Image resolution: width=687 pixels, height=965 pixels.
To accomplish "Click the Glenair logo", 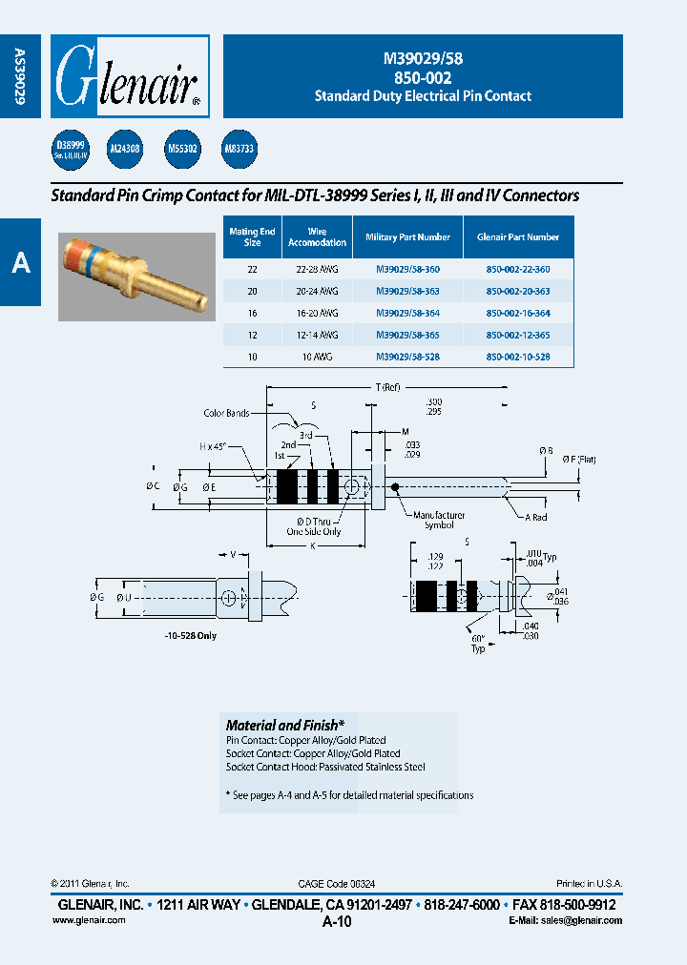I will coord(129,76).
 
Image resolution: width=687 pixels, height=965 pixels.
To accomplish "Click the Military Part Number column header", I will coord(407,236).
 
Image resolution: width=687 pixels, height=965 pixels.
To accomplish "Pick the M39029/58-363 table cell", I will coord(407,291).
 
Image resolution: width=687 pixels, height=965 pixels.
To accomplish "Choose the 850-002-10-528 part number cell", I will coord(518,357).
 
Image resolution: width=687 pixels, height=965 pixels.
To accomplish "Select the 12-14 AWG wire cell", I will coord(317,335).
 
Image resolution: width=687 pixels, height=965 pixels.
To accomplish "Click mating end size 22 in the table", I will coord(252,270).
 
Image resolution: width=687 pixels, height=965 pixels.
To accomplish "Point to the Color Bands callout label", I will coord(226,413).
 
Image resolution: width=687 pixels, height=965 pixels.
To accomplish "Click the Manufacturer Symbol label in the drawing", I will coord(439,520).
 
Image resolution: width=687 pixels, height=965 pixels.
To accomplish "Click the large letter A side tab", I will coord(20,262).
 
